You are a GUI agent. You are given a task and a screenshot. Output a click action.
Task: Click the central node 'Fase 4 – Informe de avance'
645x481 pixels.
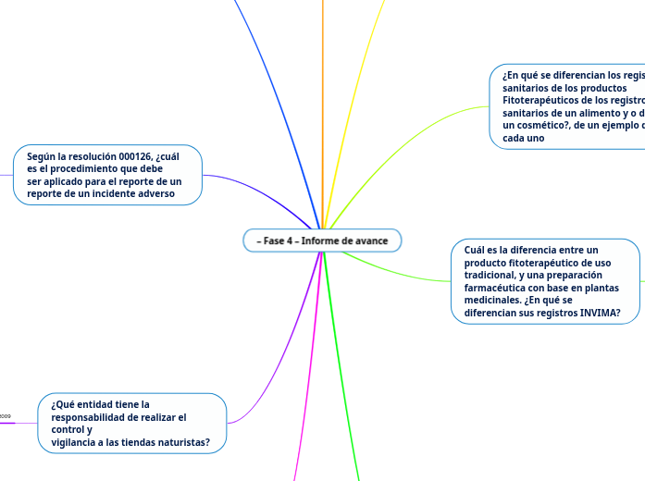(x=322, y=240)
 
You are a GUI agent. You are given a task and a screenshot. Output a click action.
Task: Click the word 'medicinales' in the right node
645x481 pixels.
(x=495, y=300)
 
